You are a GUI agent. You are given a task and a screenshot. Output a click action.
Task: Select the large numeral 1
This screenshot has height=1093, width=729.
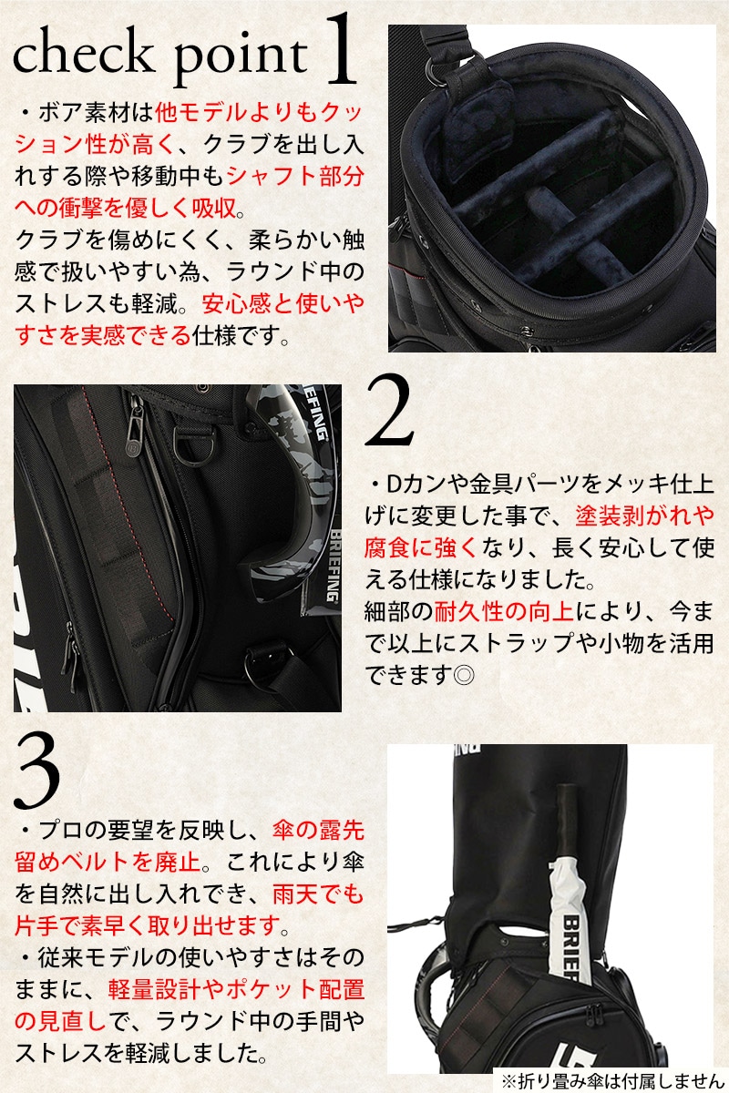click(x=340, y=49)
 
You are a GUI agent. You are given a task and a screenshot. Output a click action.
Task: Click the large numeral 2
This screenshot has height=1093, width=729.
click(x=390, y=410)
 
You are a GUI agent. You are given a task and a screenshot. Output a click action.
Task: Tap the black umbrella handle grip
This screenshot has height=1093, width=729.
click(x=569, y=825)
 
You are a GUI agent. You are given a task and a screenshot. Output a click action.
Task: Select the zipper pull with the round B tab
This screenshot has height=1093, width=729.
click(x=133, y=429)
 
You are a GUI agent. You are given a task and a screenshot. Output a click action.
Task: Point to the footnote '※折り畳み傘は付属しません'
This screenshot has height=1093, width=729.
click(x=611, y=1081)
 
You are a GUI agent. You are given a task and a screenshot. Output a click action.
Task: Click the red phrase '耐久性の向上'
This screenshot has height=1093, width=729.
click(x=504, y=611)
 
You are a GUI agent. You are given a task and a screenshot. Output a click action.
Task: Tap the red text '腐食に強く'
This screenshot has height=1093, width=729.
click(x=421, y=547)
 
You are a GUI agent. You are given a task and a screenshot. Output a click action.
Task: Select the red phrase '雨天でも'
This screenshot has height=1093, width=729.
click(x=318, y=894)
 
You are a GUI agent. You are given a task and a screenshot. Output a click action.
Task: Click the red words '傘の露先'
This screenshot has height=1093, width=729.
click(x=318, y=831)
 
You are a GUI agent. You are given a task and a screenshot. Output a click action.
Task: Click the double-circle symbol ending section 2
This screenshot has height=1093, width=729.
click(x=463, y=675)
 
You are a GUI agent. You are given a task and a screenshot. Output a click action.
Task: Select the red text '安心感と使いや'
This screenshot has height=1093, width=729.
click(x=283, y=304)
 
